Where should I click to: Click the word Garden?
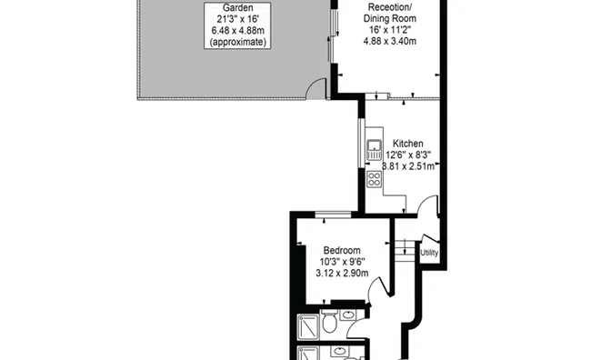pos(237,7)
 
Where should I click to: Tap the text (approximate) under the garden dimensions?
pos(237,42)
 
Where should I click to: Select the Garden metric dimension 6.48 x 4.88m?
pos(237,30)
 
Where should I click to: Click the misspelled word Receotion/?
pos(389,7)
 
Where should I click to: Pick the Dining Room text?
pos(389,18)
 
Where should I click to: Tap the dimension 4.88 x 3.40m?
pos(389,41)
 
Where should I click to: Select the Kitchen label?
pos(408,144)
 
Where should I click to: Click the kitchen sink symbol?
pos(374,150)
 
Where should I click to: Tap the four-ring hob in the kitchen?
pos(374,179)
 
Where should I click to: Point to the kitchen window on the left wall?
pos(361,143)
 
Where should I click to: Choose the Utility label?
pos(429,253)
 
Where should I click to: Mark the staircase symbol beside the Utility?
pos(405,250)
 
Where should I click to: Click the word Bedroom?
pos(342,250)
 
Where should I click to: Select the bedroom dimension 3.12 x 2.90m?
pos(342,273)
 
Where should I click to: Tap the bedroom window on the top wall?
pos(333,215)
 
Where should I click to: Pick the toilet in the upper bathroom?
pos(329,321)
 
